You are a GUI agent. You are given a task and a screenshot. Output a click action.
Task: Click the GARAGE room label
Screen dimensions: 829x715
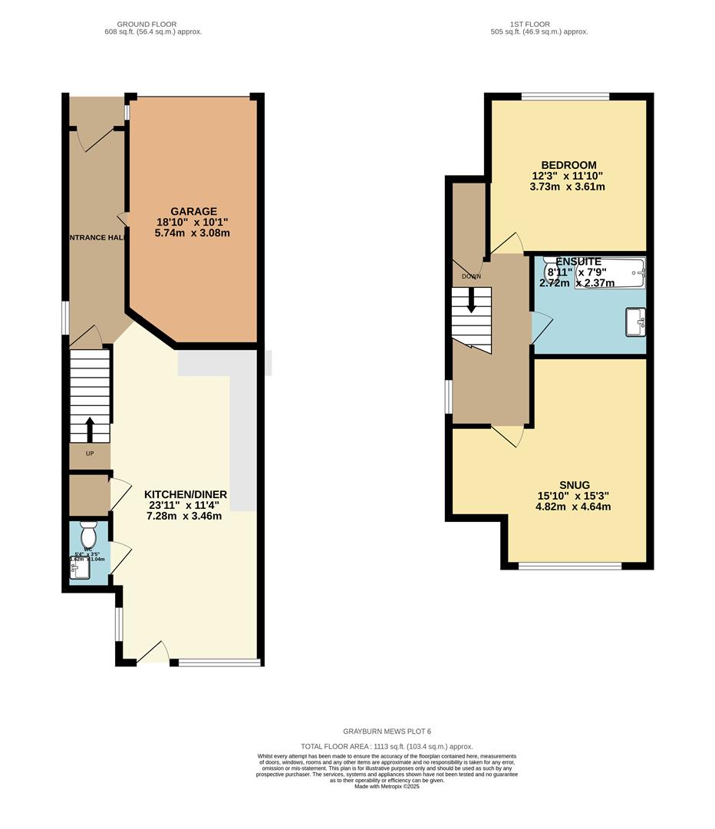[193, 211]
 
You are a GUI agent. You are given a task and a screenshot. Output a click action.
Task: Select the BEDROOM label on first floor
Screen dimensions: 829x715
[568, 165]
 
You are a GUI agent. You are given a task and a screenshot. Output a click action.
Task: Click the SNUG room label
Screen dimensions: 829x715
[574, 485]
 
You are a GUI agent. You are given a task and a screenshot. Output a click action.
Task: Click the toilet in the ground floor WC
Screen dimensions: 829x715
[87, 531]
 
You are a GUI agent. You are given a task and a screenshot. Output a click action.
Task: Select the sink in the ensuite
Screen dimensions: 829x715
[635, 322]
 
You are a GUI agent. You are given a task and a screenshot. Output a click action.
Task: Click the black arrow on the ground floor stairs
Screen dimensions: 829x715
[90, 429]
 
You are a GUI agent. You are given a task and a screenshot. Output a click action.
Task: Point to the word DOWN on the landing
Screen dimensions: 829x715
[471, 276]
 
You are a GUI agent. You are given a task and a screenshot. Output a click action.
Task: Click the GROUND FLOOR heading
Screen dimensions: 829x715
[153, 25]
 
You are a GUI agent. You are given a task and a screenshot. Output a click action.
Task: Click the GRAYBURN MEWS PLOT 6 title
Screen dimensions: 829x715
[387, 732]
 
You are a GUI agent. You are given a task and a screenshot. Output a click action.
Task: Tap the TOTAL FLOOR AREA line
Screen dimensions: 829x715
[387, 746]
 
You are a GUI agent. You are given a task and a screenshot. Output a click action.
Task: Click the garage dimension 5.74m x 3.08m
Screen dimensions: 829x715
[193, 233]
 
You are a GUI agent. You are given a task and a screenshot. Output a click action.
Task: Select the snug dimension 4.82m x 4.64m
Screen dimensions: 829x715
[574, 507]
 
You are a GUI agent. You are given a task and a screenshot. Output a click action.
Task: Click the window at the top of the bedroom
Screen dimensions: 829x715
[565, 97]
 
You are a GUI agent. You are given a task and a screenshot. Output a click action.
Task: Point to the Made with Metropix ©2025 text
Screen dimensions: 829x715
[387, 786]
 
